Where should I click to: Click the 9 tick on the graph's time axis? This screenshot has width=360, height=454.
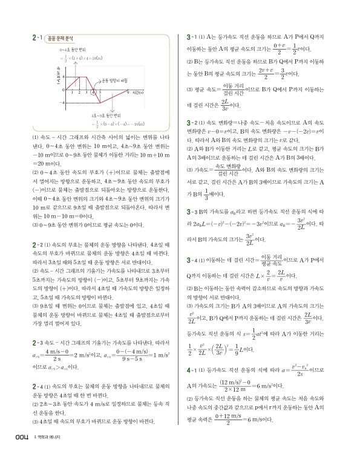point(111,92)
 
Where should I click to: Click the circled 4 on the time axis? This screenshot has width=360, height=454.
point(93,93)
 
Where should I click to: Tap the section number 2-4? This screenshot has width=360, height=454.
point(35,384)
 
